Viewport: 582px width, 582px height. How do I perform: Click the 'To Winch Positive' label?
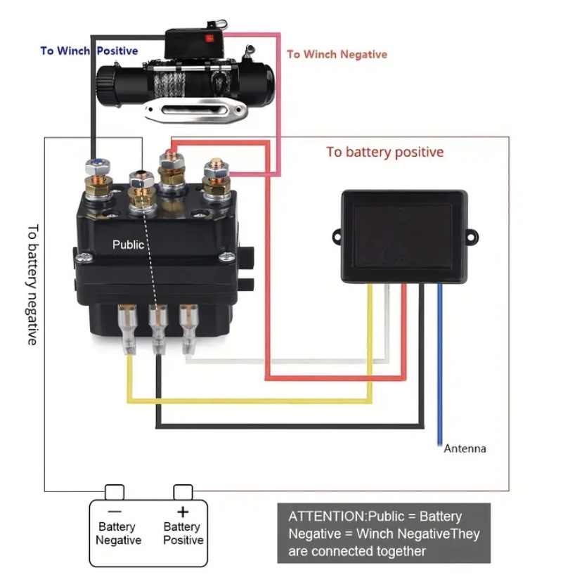89,51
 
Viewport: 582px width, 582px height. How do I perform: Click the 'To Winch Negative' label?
337,54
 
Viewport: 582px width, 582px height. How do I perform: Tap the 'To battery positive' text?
384,152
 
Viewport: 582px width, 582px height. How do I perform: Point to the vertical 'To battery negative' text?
32,284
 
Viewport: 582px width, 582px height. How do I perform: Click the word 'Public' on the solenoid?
128,245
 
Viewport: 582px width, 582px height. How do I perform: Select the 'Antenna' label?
465,448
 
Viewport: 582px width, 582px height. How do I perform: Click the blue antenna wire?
440,366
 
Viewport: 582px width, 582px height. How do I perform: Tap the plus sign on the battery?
183,511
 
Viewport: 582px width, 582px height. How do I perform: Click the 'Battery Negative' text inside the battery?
118,533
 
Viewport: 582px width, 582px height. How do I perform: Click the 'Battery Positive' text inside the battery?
183,533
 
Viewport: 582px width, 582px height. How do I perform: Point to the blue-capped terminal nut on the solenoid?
97,167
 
